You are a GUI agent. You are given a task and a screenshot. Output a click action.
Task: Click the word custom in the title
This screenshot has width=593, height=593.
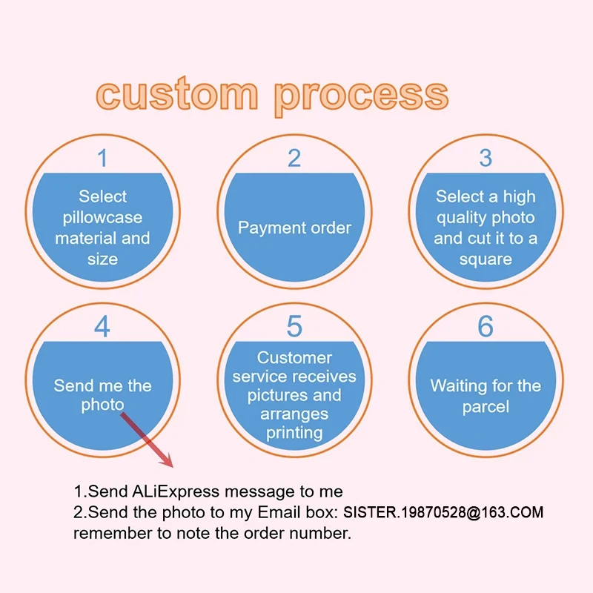point(176,95)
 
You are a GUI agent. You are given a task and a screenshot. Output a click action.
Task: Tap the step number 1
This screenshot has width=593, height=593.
point(102,158)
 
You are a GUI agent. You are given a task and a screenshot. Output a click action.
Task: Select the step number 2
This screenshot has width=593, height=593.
point(294,158)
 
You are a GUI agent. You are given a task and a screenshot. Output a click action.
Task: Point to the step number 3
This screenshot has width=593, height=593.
point(486,158)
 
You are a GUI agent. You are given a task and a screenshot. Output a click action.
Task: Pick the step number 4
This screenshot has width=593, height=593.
point(102,327)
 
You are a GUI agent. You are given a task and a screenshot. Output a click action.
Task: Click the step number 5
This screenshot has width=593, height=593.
point(294,327)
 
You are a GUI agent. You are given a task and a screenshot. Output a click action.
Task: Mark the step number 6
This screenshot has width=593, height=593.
point(486,327)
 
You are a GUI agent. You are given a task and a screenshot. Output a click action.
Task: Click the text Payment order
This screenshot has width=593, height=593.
point(294,228)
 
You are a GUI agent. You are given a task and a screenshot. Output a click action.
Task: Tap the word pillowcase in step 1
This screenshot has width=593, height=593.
point(102,218)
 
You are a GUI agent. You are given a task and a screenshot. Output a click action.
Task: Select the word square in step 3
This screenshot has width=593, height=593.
point(486,259)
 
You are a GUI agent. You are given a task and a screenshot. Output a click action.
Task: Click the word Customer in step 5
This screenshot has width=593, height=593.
point(294,358)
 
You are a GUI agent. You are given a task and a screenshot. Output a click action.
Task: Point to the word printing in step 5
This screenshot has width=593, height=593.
point(294,432)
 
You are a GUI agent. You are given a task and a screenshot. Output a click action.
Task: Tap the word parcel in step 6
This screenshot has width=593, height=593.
point(486,407)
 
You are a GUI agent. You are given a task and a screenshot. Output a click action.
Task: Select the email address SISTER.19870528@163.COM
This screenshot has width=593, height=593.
point(443,512)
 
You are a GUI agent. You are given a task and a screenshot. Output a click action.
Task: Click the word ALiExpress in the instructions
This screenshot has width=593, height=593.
point(176,491)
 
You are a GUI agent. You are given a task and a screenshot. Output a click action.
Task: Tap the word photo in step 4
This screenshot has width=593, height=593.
point(102,406)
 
